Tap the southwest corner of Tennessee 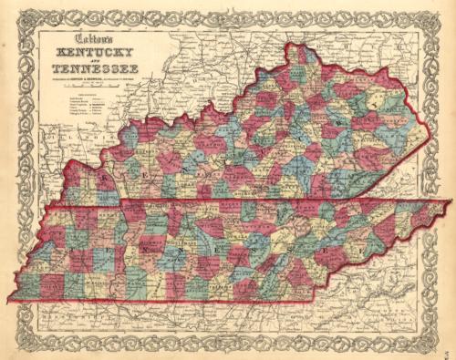12,301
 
